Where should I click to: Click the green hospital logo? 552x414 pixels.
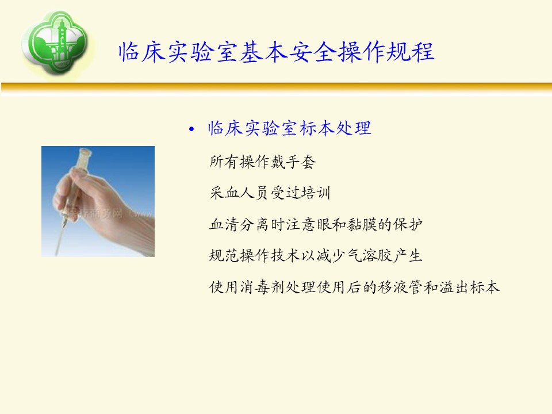pos(56,42)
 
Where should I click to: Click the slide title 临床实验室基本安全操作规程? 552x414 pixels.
pos(277,52)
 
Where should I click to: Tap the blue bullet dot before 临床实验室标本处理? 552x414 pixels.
pos(191,129)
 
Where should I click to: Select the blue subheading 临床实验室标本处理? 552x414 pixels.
pos(289,128)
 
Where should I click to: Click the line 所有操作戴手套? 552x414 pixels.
pos(263,162)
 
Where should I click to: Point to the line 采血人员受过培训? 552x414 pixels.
pos(270,193)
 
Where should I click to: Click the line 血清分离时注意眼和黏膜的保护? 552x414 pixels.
pos(316,224)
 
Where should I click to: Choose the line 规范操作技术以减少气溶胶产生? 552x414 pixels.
pos(316,255)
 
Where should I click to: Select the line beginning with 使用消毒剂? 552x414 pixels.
pos(355,287)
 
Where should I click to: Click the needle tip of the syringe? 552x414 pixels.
pos(56,254)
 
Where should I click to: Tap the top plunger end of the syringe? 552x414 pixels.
pos(85,151)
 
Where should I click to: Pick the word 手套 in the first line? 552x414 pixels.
pos(301,162)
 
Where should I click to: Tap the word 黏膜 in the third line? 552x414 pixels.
pos(362,224)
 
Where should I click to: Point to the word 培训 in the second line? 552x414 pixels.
pos(316,193)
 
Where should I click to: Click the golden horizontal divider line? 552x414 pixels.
pos(277,87)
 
